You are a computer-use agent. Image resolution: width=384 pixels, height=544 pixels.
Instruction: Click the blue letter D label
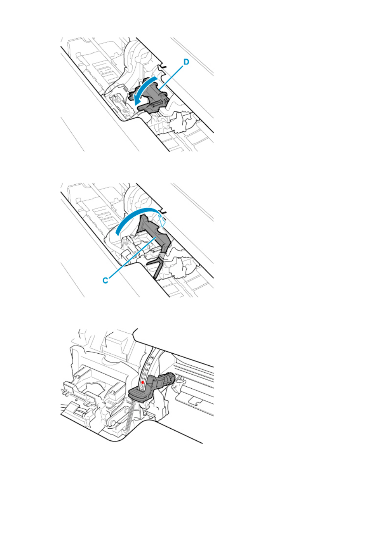pyautogui.click(x=186, y=62)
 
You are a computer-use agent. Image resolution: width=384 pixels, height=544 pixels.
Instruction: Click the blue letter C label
pyautogui.click(x=105, y=281)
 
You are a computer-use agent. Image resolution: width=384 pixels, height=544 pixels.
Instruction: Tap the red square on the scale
pyautogui.click(x=142, y=383)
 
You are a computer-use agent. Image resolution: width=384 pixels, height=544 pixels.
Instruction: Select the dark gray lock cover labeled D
pyautogui.click(x=150, y=97)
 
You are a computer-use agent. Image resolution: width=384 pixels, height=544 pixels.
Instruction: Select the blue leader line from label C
pyautogui.click(x=132, y=258)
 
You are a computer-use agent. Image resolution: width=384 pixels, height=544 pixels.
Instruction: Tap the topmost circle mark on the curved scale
pyautogui.click(x=153, y=357)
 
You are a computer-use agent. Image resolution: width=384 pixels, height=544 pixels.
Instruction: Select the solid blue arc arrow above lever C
pyautogui.click(x=136, y=214)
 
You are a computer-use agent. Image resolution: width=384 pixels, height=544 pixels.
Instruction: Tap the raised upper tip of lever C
pyautogui.click(x=143, y=218)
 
